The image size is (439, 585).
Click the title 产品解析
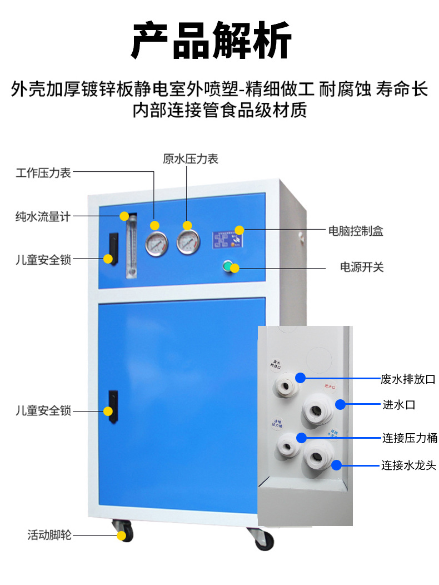tap(211, 40)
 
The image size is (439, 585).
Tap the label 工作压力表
tap(43, 173)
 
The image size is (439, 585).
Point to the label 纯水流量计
tap(43, 216)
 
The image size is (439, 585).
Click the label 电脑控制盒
tap(356, 231)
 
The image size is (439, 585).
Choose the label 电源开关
tap(362, 267)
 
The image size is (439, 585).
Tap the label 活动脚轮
tap(50, 536)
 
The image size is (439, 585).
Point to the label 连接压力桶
tap(409, 438)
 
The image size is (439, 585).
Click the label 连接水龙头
tap(408, 465)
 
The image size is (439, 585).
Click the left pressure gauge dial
tap(157, 243)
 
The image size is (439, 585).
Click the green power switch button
tap(227, 266)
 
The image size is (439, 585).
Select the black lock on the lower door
tap(113, 404)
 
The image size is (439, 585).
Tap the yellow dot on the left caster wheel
tap(121, 536)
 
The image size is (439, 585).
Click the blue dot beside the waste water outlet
tap(300, 378)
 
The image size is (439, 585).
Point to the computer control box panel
tap(228, 240)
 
